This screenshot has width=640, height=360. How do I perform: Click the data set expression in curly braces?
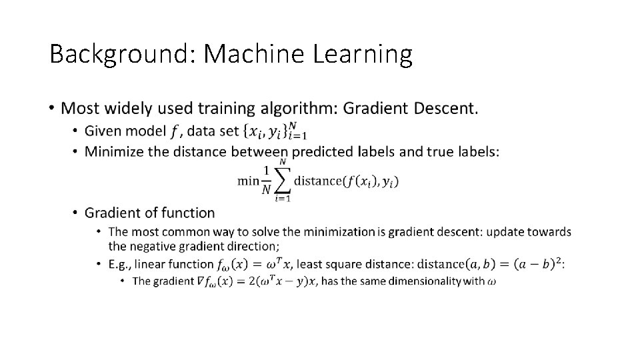(x=274, y=131)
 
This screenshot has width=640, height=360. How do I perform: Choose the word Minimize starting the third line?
(x=114, y=151)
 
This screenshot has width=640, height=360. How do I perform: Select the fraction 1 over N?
(x=267, y=181)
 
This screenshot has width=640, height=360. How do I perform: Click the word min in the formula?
(x=248, y=181)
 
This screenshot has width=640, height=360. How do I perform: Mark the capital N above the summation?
(x=283, y=161)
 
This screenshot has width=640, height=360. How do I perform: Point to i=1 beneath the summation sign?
(x=283, y=198)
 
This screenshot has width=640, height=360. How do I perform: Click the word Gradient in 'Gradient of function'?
(x=112, y=213)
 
